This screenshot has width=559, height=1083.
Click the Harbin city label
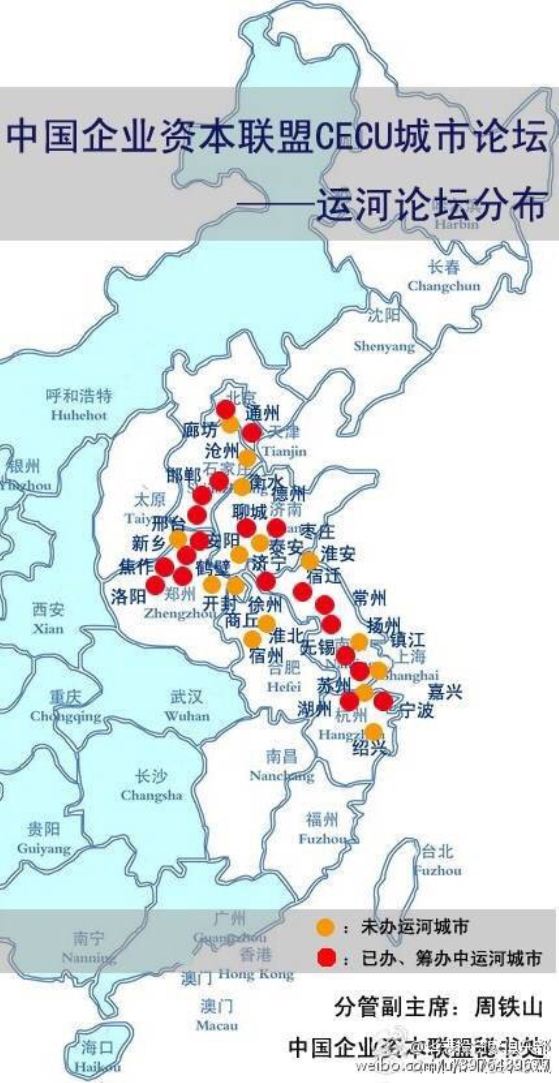coord(456,224)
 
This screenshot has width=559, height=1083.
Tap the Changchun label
coord(444,286)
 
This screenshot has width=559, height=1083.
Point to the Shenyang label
coord(384,346)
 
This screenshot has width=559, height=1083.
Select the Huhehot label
coord(79,415)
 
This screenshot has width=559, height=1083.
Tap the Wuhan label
coord(187,716)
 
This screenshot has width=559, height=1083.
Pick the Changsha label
coord(151,795)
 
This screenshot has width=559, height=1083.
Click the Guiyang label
coord(44,849)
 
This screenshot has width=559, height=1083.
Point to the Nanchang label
coord(282,776)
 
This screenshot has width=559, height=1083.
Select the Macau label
coord(217,1026)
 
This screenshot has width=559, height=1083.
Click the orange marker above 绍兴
coord(373,732)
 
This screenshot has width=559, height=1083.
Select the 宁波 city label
coord(417,711)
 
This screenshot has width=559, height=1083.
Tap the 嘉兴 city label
coord(445,692)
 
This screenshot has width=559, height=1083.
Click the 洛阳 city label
coord(128,596)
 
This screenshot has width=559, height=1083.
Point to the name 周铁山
coord(509,1008)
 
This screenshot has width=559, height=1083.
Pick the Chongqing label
coord(66,717)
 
